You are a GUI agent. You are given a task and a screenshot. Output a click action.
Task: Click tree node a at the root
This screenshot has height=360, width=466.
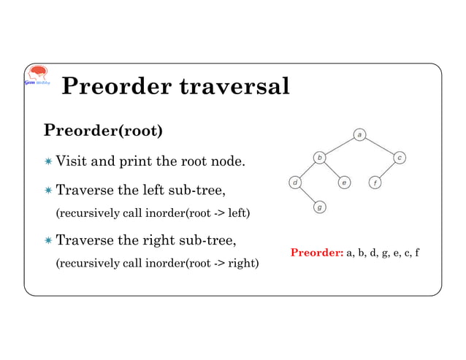pyautogui.click(x=360, y=134)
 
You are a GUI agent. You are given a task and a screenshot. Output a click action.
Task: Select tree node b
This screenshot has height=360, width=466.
pyautogui.click(x=319, y=157)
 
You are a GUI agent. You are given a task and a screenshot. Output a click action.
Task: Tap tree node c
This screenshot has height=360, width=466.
pyautogui.click(x=400, y=157)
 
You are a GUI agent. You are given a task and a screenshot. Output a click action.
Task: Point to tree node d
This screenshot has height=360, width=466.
pyautogui.click(x=294, y=182)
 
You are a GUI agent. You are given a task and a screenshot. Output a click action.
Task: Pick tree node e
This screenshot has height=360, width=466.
pyautogui.click(x=344, y=182)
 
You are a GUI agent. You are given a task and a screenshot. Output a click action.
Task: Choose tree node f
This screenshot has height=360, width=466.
pyautogui.click(x=375, y=182)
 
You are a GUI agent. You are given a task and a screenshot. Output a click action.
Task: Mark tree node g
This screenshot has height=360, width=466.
pyautogui.click(x=319, y=207)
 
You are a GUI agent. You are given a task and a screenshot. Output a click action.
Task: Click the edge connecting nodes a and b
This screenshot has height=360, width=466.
pyautogui.click(x=340, y=145)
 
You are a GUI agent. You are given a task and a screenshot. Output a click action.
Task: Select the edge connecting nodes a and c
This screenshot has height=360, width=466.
pyautogui.click(x=380, y=145)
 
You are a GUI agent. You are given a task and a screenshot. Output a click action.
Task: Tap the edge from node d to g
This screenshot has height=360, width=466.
pyautogui.click(x=307, y=195)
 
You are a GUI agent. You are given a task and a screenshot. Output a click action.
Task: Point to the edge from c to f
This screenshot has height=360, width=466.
pyautogui.click(x=387, y=169)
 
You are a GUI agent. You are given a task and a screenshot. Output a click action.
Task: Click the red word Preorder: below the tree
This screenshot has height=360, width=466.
pyautogui.click(x=317, y=253)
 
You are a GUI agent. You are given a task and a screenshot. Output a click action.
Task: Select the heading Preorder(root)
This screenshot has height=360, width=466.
pyautogui.click(x=102, y=131)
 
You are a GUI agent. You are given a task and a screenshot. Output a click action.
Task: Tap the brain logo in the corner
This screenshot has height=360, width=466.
pyautogui.click(x=36, y=76)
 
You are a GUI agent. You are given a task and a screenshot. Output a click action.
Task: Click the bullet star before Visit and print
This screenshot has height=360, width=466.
pyautogui.click(x=48, y=161)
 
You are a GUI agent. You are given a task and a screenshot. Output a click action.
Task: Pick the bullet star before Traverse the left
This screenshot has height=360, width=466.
pyautogui.click(x=48, y=191)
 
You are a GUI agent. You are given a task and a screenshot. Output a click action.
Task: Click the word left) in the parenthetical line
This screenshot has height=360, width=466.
pyautogui.click(x=237, y=214)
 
